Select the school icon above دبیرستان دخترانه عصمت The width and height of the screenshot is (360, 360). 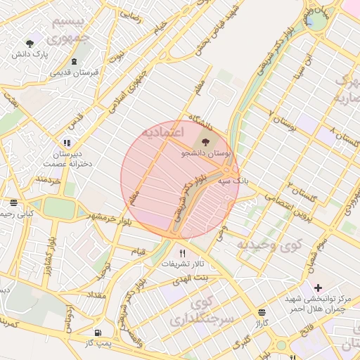(67, 143)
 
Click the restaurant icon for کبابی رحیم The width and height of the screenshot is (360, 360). (12, 201)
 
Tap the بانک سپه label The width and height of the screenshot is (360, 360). (233, 181)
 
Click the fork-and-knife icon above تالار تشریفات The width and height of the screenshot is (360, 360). (183, 253)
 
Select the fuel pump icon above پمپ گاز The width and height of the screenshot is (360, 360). (97, 332)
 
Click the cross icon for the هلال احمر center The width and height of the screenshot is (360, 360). (319, 288)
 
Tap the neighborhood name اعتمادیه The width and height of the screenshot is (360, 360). (162, 131)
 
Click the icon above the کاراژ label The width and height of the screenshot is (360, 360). (262, 312)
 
